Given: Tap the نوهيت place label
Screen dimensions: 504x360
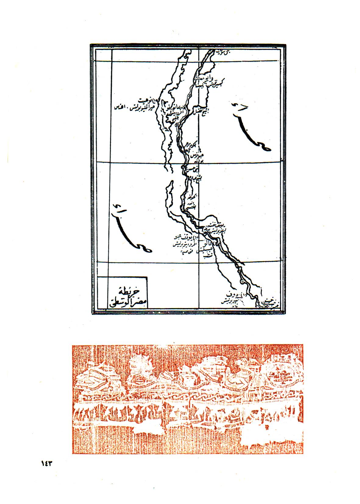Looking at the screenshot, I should tap(147, 100).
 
